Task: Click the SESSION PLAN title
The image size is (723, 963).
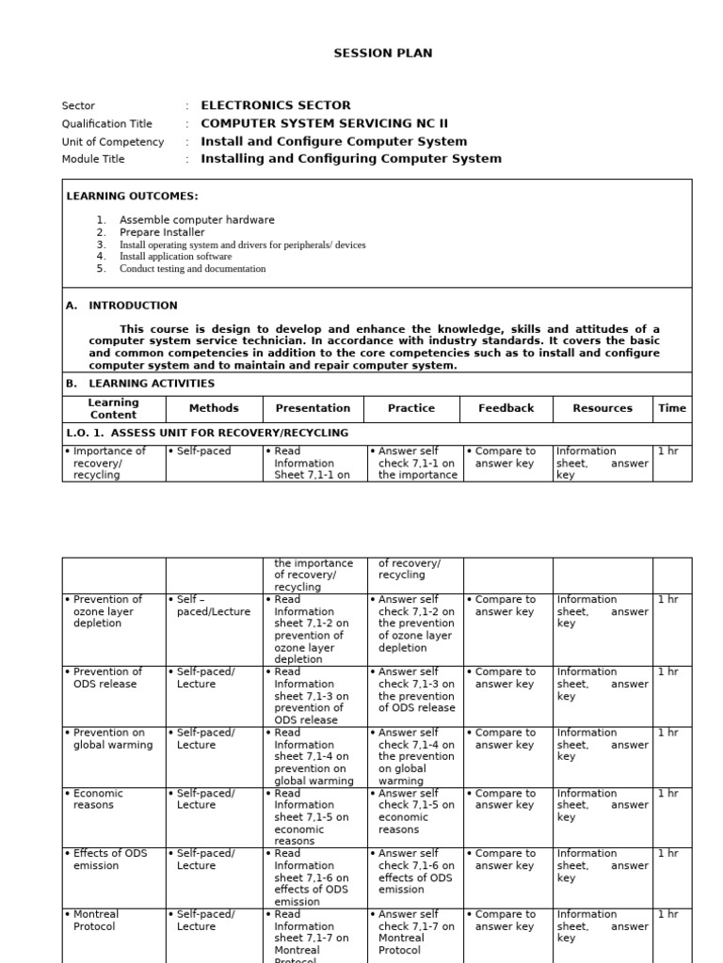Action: coord(383,54)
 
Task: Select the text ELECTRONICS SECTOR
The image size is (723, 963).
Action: coord(276,106)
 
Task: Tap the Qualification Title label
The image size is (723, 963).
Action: coord(106,124)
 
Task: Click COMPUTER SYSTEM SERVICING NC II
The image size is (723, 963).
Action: coord(312,124)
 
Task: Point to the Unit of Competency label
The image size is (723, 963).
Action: coord(112,142)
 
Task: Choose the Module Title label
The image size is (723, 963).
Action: coord(93,160)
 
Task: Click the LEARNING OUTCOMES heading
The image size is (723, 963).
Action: coord(132,196)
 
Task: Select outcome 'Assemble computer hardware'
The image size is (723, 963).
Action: coord(197,220)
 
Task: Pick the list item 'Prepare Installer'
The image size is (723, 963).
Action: coord(162,232)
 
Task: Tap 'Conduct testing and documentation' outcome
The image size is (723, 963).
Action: coord(192,269)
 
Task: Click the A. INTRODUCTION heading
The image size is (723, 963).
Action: coord(121,306)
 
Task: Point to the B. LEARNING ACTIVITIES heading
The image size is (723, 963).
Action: coord(140,384)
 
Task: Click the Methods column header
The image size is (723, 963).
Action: coord(214,408)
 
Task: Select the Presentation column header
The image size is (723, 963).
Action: coord(313,408)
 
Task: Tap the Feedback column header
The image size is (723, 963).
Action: coord(506,408)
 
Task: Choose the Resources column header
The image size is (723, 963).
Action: coord(602,408)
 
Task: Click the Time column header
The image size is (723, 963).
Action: coord(672,408)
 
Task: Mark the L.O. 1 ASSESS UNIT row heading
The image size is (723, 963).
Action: coord(207,433)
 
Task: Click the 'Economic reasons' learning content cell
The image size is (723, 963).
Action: coord(99,799)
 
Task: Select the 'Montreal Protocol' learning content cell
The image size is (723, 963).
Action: coord(96,920)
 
